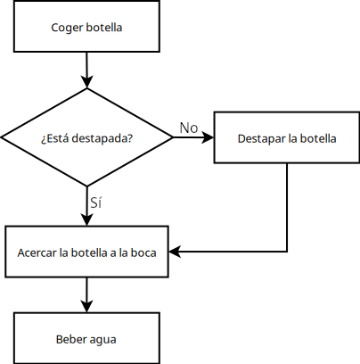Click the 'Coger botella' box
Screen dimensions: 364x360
pyautogui.click(x=86, y=27)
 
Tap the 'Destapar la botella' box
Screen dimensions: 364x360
pyautogui.click(x=287, y=138)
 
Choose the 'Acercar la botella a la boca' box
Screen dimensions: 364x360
pyautogui.click(x=86, y=252)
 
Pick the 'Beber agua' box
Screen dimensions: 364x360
pyautogui.click(x=86, y=338)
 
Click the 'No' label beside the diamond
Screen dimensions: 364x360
pyautogui.click(x=189, y=128)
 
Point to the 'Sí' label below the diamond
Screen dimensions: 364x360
pyautogui.click(x=96, y=203)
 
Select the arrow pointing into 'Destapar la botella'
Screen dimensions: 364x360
pyautogui.click(x=194, y=138)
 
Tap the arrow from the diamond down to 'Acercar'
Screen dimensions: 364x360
pyautogui.click(x=86, y=209)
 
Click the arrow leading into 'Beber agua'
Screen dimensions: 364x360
pyautogui.click(x=86, y=294)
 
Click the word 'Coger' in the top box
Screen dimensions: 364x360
pyautogui.click(x=68, y=27)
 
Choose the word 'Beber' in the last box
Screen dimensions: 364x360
pyautogui.click(x=70, y=338)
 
